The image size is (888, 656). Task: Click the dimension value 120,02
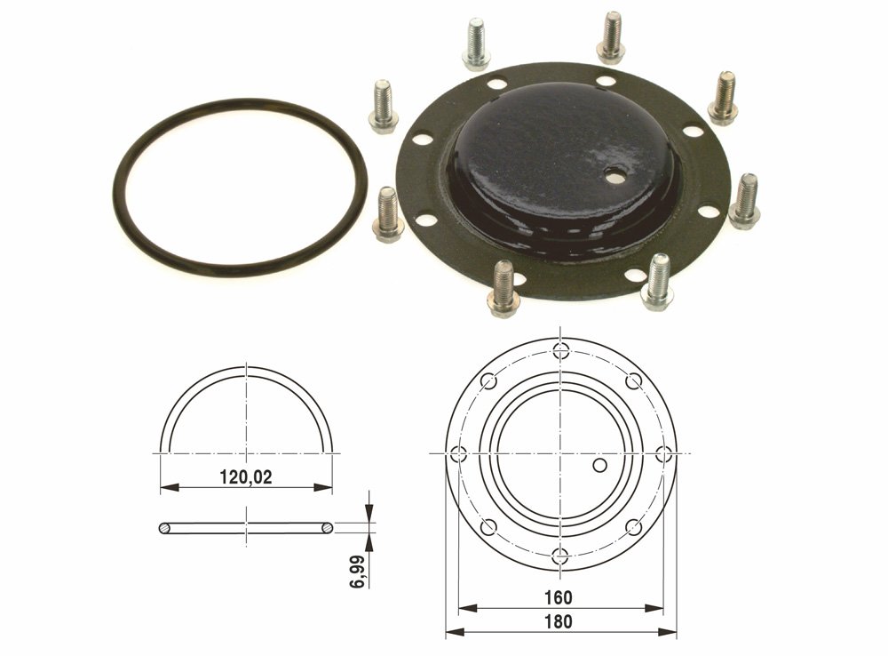tap(246, 476)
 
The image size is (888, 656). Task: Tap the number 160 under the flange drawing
tap(560, 597)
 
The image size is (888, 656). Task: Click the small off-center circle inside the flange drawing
tap(600, 465)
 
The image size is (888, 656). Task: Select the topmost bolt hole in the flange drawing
tap(560, 349)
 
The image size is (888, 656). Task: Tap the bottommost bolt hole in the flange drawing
tap(560, 556)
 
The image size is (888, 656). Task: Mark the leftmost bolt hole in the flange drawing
tap(457, 453)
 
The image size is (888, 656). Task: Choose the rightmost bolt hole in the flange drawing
tap(663, 453)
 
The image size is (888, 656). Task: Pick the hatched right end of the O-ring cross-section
tap(328, 528)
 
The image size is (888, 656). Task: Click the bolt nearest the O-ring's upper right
tap(383, 106)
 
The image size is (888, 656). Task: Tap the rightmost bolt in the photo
tap(744, 201)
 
